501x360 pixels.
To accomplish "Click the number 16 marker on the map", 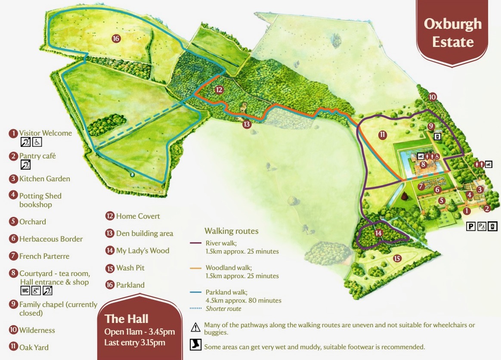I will pos(115,38).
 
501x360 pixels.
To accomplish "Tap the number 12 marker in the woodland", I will pos(219,90).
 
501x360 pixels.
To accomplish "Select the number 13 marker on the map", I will pos(246,124).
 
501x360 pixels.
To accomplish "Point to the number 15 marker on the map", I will pos(397,258).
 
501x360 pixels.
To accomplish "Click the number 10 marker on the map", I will pos(433,97).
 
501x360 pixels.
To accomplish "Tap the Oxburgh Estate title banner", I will pos(453,33).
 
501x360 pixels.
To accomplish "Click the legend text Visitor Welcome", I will pos(45,133).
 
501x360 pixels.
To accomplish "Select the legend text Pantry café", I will pos(37,156).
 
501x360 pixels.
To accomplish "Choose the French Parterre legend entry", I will pos(44,256).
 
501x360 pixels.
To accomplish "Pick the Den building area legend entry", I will pos(144,233).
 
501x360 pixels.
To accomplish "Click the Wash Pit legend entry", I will pos(130,268).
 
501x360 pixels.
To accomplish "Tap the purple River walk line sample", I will pos(196,243).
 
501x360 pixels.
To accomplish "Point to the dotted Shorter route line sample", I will pos(196,309).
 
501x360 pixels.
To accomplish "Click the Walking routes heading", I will pos(232,231).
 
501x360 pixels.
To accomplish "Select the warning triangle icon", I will pos(196,327).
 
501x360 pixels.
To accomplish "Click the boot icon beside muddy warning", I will pos(196,345).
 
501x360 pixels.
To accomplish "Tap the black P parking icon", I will pos(471,226).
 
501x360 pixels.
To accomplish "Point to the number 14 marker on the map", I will pos(378,233).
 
